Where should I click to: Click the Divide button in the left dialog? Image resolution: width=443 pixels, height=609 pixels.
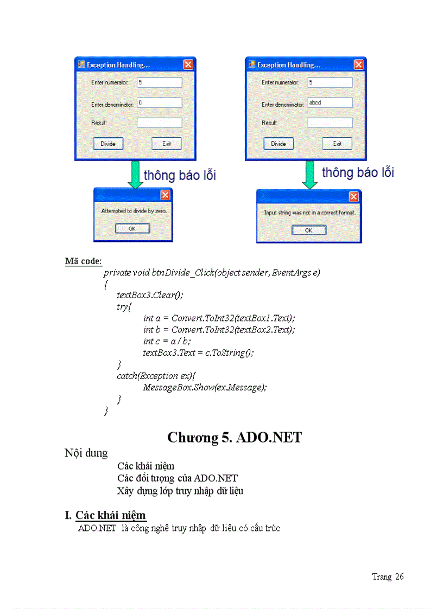click(x=108, y=144)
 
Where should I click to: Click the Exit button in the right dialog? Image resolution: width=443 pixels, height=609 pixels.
click(x=337, y=144)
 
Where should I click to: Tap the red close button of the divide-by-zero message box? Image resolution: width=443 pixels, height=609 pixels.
click(x=165, y=195)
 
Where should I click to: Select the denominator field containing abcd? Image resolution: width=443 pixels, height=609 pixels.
click(x=330, y=102)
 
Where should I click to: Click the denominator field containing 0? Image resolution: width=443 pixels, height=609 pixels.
click(x=159, y=102)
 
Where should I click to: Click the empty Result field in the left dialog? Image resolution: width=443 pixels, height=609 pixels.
click(x=159, y=123)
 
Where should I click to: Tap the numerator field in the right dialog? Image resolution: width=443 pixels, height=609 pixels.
click(x=330, y=82)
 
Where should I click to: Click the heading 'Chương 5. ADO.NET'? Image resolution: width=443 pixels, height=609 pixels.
click(x=234, y=438)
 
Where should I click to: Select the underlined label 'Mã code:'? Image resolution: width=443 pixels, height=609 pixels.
click(x=83, y=261)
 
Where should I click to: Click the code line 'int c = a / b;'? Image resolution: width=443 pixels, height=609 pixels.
click(x=167, y=341)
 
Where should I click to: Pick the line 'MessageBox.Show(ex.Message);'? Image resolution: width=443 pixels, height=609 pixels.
click(x=205, y=387)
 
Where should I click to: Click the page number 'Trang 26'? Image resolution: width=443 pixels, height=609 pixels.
click(x=388, y=576)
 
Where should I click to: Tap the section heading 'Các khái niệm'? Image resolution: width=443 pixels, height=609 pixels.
click(x=111, y=515)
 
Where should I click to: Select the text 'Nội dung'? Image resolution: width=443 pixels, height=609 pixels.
click(x=86, y=453)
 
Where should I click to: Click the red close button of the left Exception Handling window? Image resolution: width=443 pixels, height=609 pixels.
click(x=188, y=65)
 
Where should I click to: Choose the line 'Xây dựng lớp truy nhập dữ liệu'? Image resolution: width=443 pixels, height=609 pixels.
click(x=180, y=491)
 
